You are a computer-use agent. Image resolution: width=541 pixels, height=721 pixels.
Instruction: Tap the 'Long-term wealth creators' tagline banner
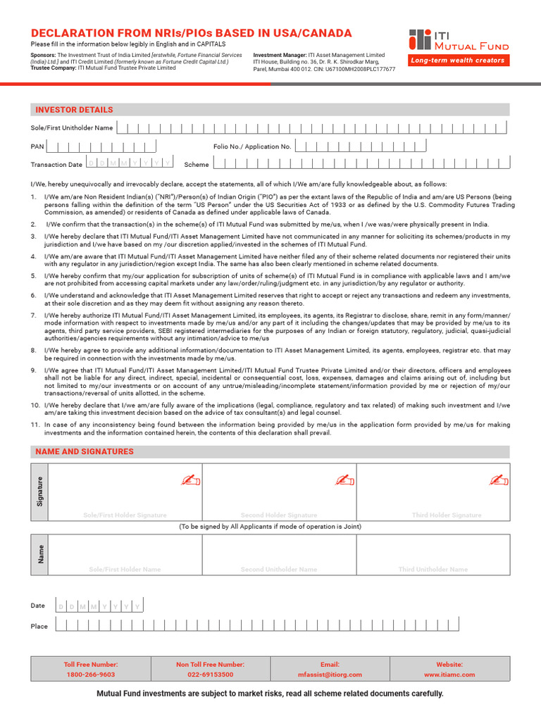(459, 61)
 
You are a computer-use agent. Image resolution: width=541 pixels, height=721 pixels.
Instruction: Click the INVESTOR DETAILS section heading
(74, 110)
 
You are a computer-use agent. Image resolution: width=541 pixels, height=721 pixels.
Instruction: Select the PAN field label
(37, 147)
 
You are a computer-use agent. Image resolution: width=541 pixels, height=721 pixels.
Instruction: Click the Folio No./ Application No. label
(252, 146)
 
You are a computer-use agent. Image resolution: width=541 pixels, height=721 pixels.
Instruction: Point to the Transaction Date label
(56, 165)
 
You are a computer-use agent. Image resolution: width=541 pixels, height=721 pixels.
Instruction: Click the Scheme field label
(197, 165)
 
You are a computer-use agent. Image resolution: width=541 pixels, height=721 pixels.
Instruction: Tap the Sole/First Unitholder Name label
(71, 128)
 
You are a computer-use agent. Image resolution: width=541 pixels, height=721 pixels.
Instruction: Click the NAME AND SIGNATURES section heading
(84, 451)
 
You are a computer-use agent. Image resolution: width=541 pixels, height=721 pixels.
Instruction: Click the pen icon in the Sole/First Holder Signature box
(190, 480)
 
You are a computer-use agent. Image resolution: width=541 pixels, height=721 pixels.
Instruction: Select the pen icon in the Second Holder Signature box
(344, 480)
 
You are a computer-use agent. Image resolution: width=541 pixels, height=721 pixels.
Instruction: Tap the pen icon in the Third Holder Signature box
(498, 480)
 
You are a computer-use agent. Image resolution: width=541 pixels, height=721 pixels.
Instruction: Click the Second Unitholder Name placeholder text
(279, 569)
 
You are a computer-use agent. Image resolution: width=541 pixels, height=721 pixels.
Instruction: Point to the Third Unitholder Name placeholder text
(433, 569)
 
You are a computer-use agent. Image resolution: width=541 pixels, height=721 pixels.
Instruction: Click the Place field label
(39, 626)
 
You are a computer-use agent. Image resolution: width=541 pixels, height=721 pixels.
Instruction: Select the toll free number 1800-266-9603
(90, 675)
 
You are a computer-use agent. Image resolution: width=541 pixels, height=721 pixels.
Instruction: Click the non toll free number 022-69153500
(210, 675)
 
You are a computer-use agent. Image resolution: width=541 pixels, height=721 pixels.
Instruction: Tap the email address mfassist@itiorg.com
(330, 675)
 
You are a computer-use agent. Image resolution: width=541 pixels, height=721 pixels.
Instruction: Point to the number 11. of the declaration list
(35, 425)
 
